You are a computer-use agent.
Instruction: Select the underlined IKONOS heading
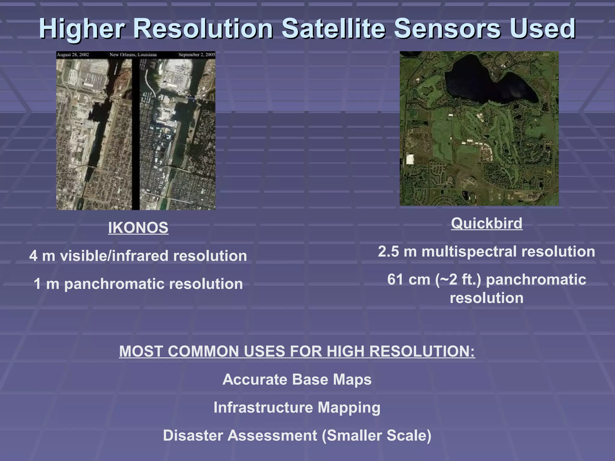coord(138,228)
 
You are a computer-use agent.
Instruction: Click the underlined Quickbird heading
coord(486,224)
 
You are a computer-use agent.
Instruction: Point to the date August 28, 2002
coord(73,55)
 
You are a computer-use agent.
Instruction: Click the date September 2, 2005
coord(197,55)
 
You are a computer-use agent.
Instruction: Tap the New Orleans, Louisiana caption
coord(133,55)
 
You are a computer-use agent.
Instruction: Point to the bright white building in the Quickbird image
coord(410,159)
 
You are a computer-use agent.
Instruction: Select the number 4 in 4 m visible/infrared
coord(33,256)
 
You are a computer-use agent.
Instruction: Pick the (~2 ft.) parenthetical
coord(458,279)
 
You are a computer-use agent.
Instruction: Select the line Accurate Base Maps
coord(297,379)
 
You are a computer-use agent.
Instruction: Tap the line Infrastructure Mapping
coord(297,408)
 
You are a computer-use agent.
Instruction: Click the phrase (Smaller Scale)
coord(376,435)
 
